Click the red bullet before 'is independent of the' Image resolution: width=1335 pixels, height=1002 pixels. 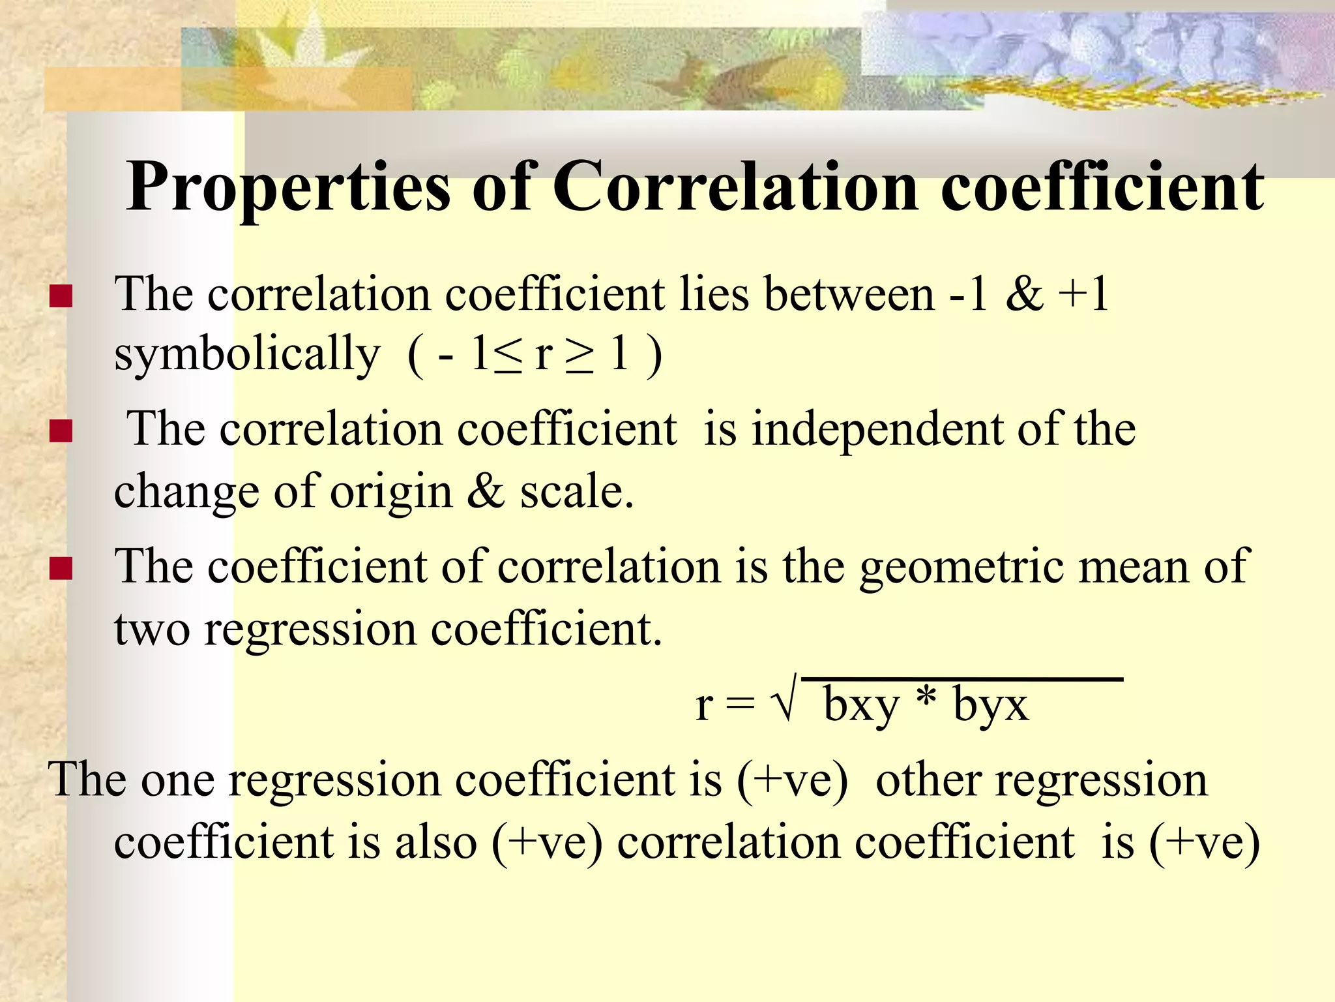(x=61, y=431)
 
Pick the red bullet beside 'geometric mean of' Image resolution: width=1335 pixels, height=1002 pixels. (x=61, y=568)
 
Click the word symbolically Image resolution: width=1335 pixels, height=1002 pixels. (x=247, y=356)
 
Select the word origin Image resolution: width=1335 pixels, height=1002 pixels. (x=390, y=493)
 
